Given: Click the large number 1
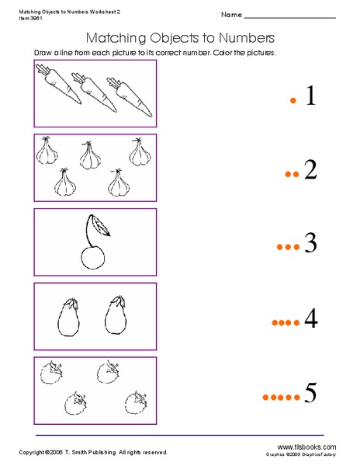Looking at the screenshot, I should (x=312, y=96).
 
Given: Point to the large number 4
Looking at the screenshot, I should (x=311, y=318).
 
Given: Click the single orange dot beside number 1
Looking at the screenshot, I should (x=293, y=100).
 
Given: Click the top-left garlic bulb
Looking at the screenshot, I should (x=48, y=151).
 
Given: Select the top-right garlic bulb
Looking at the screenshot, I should (x=140, y=151).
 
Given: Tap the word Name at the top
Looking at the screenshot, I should (x=230, y=15).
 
